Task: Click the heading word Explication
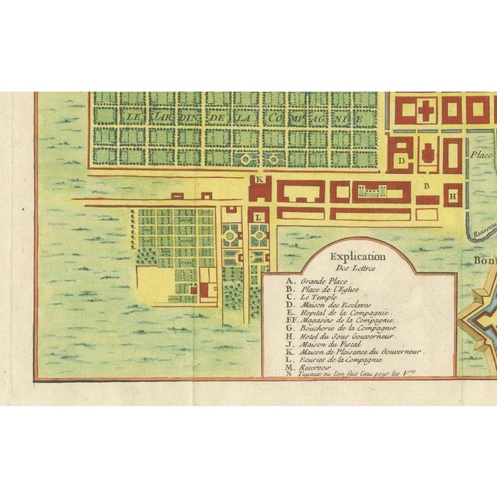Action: coord(357,255)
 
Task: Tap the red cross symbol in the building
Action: coord(425,110)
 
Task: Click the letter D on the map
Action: coord(400,161)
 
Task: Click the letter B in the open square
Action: coord(426,186)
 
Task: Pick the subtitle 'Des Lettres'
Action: coord(357,268)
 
